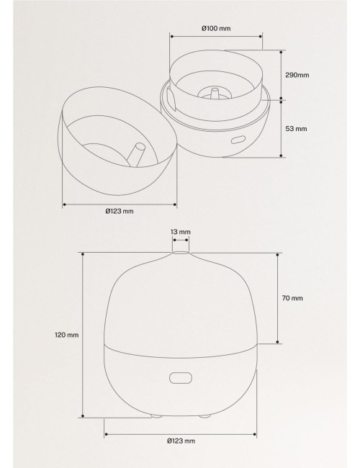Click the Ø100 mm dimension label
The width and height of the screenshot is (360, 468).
[216, 29]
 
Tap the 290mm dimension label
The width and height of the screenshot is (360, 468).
[297, 75]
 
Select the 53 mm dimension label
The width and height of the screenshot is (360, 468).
[296, 129]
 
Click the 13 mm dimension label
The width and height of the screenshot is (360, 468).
[181, 232]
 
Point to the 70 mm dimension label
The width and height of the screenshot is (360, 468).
[292, 298]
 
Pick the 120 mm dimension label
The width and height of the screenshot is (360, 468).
[66, 335]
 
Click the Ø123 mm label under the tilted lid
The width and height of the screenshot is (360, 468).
[120, 211]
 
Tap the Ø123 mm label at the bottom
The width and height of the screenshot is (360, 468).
[181, 441]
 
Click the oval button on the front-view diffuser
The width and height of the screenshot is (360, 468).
[180, 378]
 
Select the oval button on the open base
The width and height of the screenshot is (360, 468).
[238, 140]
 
